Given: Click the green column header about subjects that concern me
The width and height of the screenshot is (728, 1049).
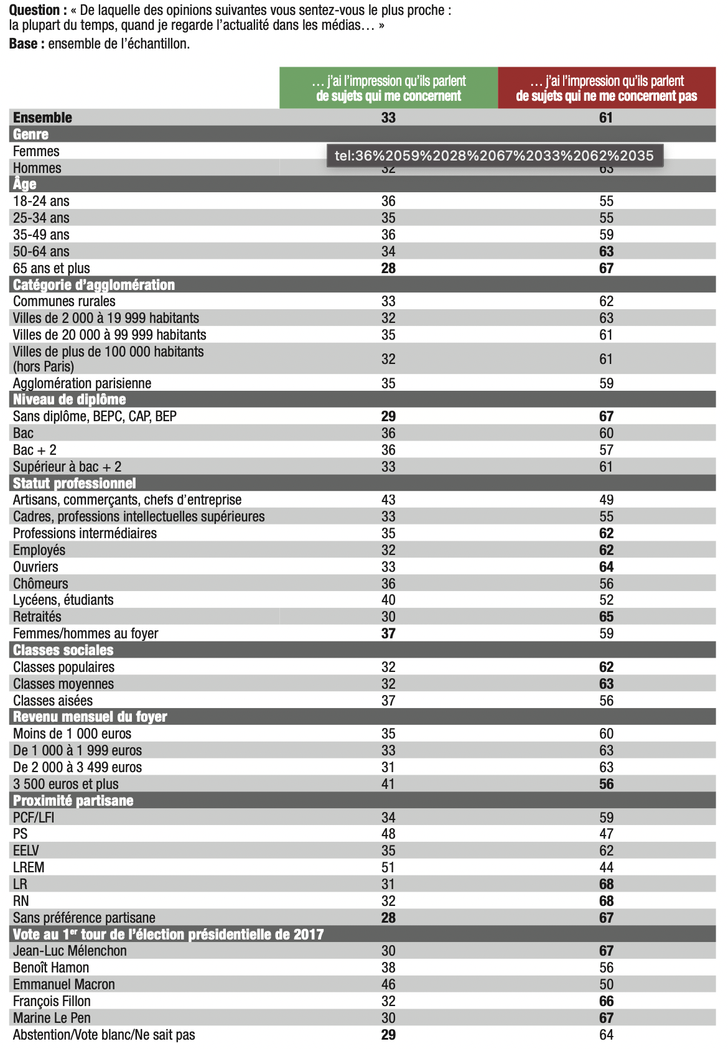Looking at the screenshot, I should pyautogui.click(x=388, y=88).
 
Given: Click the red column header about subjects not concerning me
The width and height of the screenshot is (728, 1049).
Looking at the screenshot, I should pyautogui.click(x=606, y=88).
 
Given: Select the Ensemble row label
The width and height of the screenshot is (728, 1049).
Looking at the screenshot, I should pyautogui.click(x=42, y=118).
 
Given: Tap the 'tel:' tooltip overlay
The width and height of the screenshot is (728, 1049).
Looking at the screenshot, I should pyautogui.click(x=495, y=156).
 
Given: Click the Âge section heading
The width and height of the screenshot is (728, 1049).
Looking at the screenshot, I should pyautogui.click(x=25, y=184).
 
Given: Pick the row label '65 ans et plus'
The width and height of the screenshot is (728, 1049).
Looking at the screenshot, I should pyautogui.click(x=52, y=268).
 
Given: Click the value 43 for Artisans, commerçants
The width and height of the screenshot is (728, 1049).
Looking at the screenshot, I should pyautogui.click(x=388, y=500).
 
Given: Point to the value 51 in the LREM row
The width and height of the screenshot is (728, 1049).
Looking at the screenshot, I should pyautogui.click(x=388, y=867).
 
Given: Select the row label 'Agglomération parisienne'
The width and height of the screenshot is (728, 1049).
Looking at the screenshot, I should pyautogui.click(x=82, y=383).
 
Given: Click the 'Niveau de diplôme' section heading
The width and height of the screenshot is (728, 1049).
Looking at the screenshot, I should pyautogui.click(x=70, y=399).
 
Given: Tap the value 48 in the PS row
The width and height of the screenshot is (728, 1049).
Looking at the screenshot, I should pyautogui.click(x=388, y=834).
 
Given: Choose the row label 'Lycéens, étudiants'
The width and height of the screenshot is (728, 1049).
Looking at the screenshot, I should pyautogui.click(x=63, y=600).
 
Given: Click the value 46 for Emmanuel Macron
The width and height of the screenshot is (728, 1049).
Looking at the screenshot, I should pyautogui.click(x=388, y=984).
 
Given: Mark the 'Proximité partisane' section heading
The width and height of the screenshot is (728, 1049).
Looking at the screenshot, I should pyautogui.click(x=73, y=801).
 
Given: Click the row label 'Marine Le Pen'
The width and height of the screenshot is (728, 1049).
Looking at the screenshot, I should pyautogui.click(x=52, y=1018).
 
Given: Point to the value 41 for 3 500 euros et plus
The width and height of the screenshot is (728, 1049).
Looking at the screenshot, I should pyautogui.click(x=388, y=784).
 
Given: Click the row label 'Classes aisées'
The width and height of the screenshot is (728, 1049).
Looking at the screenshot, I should pyautogui.click(x=53, y=701).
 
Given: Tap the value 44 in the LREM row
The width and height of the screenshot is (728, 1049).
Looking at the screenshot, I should pyautogui.click(x=606, y=867).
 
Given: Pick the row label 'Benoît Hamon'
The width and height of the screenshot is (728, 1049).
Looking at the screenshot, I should pyautogui.click(x=51, y=967).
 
